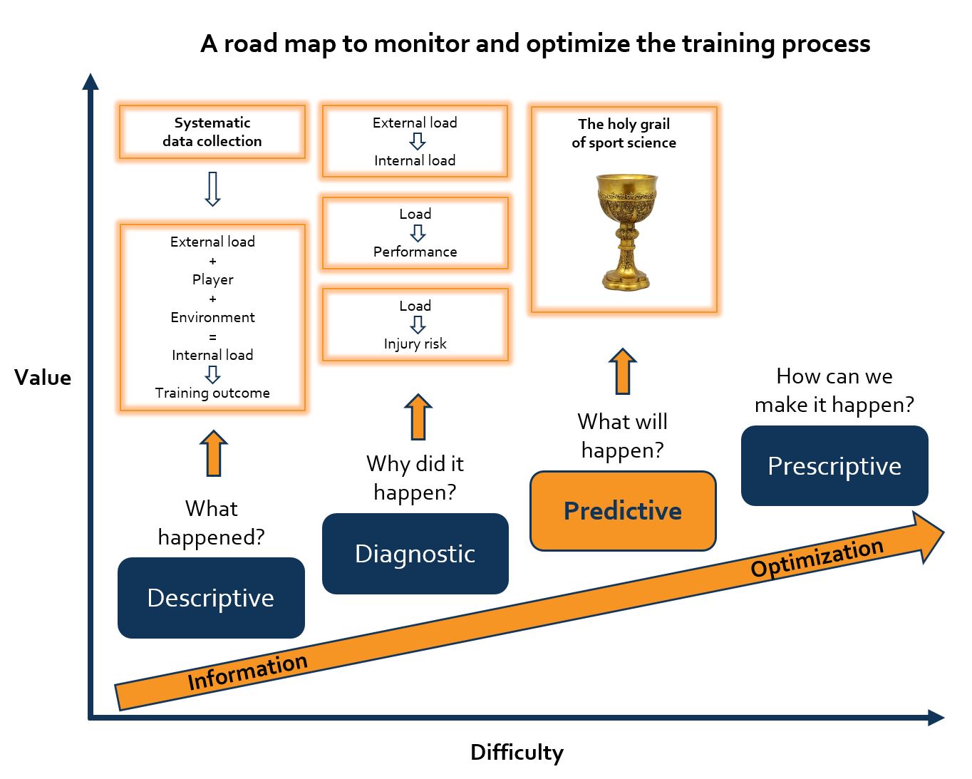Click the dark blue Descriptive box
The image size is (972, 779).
pyautogui.click(x=211, y=598)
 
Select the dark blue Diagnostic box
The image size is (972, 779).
pyautogui.click(x=415, y=554)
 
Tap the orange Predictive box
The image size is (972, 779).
pyautogui.click(x=623, y=511)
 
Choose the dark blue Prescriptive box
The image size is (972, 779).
pyautogui.click(x=834, y=466)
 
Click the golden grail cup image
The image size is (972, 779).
pyautogui.click(x=626, y=232)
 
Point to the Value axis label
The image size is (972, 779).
pyautogui.click(x=43, y=378)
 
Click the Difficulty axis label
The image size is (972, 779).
pyautogui.click(x=517, y=752)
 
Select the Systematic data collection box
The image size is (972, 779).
pyautogui.click(x=212, y=132)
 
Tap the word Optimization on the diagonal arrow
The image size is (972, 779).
pyautogui.click(x=817, y=557)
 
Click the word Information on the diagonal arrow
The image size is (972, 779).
pyautogui.click(x=247, y=671)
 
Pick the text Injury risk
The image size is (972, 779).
pyautogui.click(x=415, y=344)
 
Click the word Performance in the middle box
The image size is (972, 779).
pyautogui.click(x=415, y=252)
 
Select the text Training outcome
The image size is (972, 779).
pyautogui.click(x=212, y=393)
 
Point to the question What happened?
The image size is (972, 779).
pyautogui.click(x=211, y=522)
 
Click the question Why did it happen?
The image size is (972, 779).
pyautogui.click(x=415, y=478)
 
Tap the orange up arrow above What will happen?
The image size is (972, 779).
pyautogui.click(x=623, y=371)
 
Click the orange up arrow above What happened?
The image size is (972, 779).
pyautogui.click(x=213, y=453)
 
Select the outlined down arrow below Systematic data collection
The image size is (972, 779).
pyautogui.click(x=212, y=189)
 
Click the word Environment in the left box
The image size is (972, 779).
pyautogui.click(x=212, y=317)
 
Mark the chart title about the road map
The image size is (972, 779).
pyautogui.click(x=535, y=43)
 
